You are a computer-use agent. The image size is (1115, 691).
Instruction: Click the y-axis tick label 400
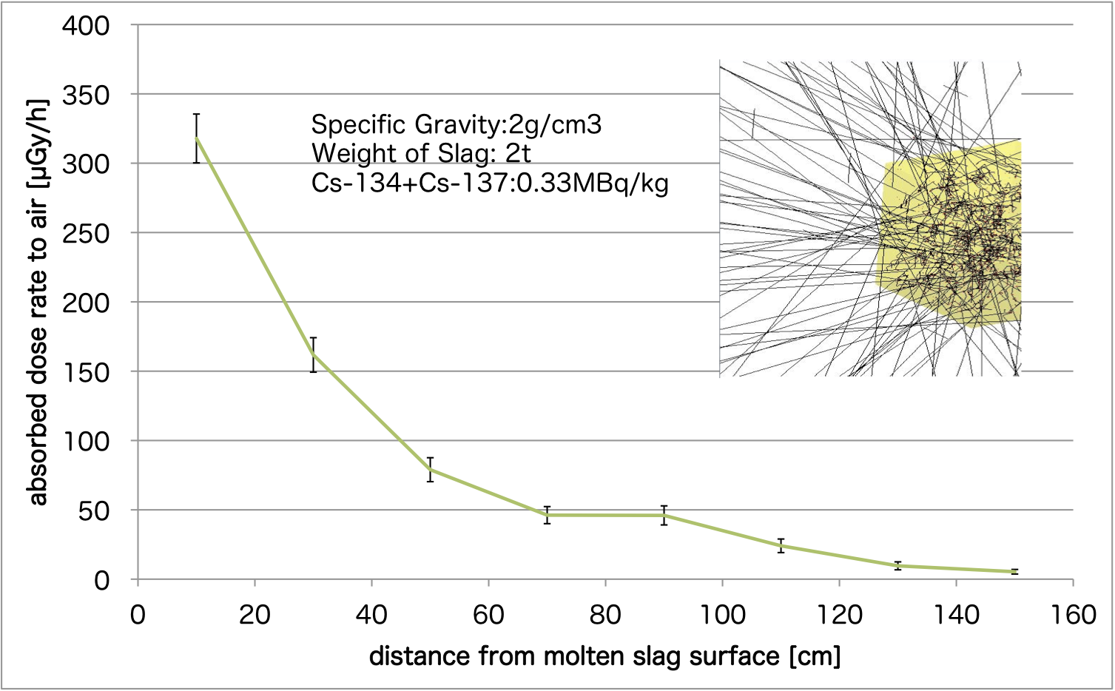(85, 27)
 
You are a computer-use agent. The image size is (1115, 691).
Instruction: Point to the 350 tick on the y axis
(85, 95)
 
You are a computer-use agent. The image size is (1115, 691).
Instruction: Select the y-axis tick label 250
(85, 234)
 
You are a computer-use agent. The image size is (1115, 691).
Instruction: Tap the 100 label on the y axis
(85, 442)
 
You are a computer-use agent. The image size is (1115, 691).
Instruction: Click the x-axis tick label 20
(255, 615)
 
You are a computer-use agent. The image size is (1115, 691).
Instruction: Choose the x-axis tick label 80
(605, 615)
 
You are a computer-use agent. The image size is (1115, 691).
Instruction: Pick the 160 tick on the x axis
(1073, 615)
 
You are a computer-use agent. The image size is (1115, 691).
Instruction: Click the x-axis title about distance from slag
(604, 656)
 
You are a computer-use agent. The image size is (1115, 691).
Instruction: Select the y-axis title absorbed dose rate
(37, 302)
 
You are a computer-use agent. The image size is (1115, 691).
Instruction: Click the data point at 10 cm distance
(196, 138)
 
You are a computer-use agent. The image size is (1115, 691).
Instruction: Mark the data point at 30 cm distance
(313, 354)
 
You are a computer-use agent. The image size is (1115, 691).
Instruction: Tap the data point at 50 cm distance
(430, 469)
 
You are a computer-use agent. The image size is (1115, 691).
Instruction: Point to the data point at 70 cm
(547, 515)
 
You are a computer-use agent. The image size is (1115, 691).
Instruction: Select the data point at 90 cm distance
(664, 515)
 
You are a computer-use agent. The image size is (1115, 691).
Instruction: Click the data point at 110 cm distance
(781, 546)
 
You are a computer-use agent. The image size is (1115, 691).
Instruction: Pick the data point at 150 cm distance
(1014, 571)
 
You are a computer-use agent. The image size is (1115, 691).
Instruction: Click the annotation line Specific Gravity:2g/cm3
(457, 124)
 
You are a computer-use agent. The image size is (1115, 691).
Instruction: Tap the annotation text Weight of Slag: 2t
(421, 153)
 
